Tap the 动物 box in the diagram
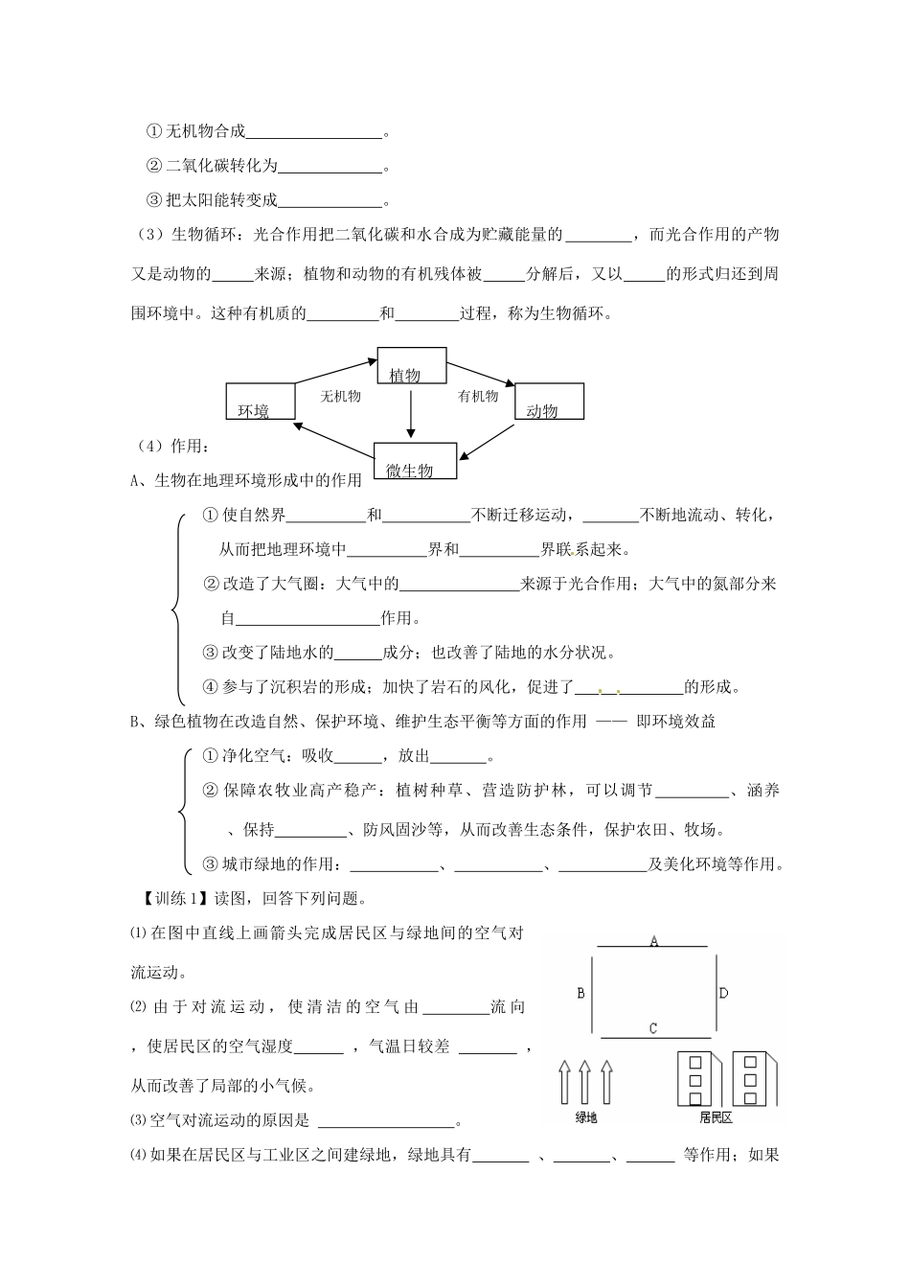tap(549, 402)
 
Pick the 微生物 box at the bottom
tap(415, 461)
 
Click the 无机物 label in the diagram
tap(340, 396)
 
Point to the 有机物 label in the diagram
tap(478, 396)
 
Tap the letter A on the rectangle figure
tap(654, 941)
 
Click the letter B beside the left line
tap(580, 993)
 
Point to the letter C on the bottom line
tap(652, 1028)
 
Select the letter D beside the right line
tap(723, 993)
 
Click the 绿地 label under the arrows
tap(585, 1117)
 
